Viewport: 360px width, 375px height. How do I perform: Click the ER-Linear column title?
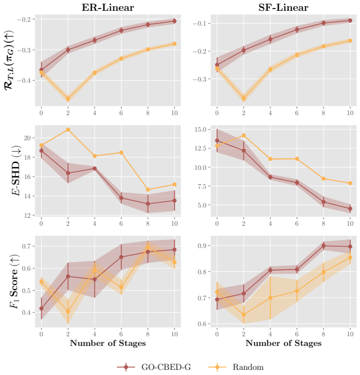[108, 7]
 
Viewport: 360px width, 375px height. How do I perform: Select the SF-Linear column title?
[284, 7]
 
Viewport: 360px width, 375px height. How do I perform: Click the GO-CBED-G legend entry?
[154, 367]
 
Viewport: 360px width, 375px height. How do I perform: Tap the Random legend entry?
[236, 367]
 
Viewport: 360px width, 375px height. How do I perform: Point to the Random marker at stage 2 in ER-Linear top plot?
[68, 99]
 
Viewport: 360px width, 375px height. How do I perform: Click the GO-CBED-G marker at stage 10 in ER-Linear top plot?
[175, 21]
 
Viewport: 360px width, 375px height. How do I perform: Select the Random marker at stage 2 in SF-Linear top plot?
[244, 98]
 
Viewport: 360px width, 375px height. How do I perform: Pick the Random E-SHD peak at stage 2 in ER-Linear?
[68, 129]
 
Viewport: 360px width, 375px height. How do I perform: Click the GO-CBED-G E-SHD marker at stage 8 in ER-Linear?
[148, 204]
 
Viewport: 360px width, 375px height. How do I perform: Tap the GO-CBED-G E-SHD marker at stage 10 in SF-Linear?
[350, 209]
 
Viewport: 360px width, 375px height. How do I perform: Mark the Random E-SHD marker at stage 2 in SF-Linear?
[244, 136]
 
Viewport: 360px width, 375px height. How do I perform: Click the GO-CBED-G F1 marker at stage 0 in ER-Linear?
[42, 308]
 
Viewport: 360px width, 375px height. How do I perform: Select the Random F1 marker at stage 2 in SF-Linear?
[244, 315]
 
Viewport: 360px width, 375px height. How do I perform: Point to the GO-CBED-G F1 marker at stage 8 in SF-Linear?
[323, 246]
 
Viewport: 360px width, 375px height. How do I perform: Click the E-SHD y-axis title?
[16, 171]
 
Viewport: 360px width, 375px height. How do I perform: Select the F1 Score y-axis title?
[14, 282]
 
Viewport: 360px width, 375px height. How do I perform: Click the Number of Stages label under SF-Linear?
[284, 343]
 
